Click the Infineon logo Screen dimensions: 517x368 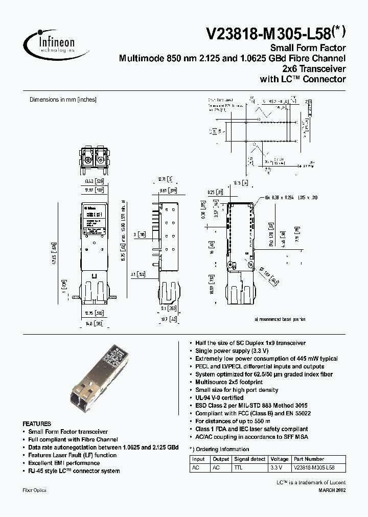coord(51,41)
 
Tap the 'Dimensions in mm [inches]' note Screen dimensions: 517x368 coord(63,100)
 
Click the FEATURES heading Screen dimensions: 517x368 coord(37,424)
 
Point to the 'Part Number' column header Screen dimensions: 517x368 coord(309,459)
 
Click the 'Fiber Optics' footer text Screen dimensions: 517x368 coord(35,490)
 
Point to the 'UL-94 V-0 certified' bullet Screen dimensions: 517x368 coord(219,397)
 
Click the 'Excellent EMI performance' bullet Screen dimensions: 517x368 coord(64,463)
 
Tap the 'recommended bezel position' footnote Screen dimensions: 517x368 coord(280,319)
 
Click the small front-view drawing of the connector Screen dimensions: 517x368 coord(96,158)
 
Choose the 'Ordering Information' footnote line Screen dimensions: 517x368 coord(219,450)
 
